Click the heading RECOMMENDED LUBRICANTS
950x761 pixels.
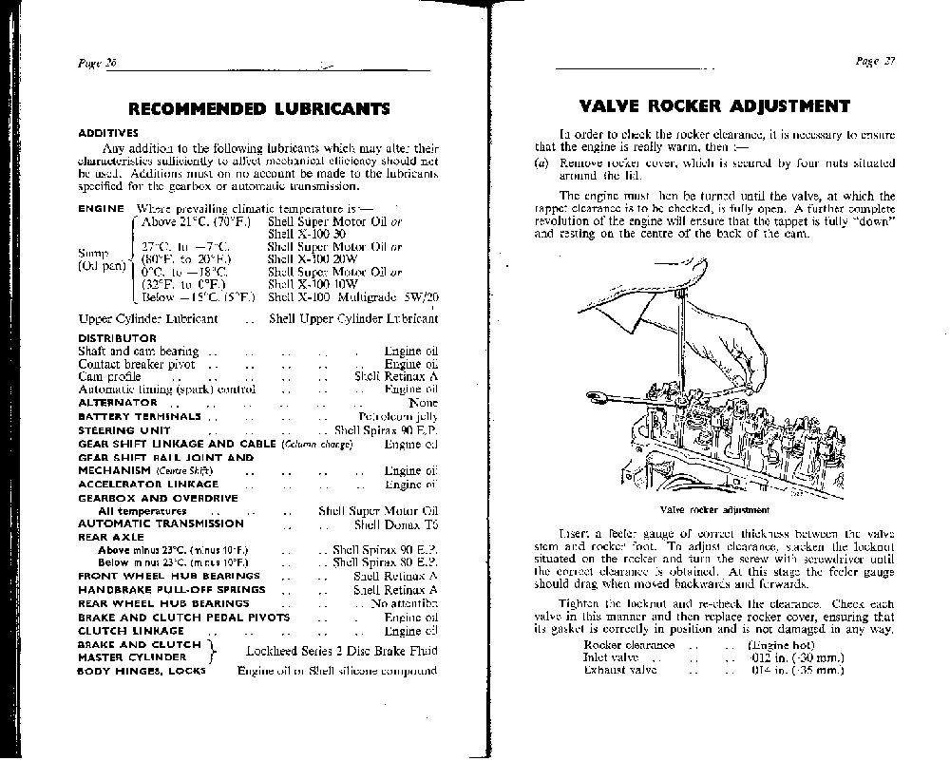pos(258,108)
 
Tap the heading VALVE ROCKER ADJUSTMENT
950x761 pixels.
pos(714,105)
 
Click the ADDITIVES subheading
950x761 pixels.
pos(108,133)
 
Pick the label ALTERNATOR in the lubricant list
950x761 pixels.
pos(118,403)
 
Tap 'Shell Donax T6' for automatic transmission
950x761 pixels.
pos(395,523)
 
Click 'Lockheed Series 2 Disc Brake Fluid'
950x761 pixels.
pos(342,651)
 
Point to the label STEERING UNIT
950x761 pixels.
pos(120,430)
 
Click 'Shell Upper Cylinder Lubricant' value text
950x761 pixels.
pos(353,319)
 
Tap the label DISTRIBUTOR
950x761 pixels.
pos(118,337)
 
